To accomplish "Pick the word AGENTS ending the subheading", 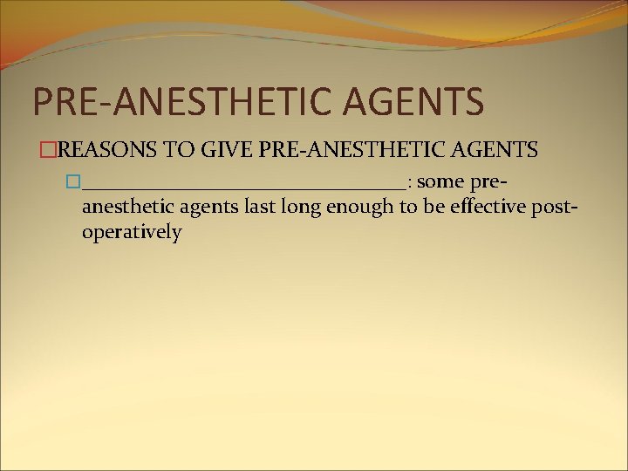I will pos(494,150).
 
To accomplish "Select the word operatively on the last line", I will pos(131,233).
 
